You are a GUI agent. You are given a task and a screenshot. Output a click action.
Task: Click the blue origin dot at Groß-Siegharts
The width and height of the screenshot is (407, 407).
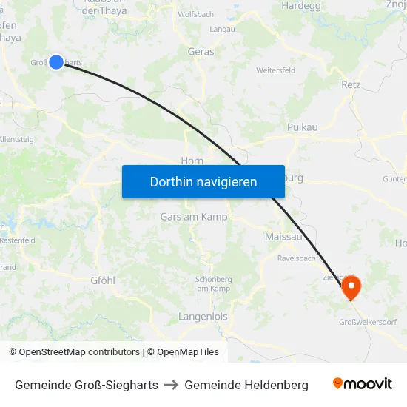pos(56,62)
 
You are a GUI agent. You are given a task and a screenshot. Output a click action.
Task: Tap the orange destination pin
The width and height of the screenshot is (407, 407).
pos(350,287)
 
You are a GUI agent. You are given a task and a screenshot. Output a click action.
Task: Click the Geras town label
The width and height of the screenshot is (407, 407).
pos(201,52)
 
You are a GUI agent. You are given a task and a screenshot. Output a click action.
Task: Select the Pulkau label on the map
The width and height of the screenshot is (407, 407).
pos(302,127)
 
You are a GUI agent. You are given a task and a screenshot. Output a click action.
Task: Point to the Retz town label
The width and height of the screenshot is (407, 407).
pos(351,85)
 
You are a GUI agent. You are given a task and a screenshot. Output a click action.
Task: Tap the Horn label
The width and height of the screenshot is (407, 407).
pos(192,161)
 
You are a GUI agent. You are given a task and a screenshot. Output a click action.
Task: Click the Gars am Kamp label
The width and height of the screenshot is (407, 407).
pos(194,217)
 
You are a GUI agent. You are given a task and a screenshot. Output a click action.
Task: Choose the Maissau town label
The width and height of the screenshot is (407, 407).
pos(283,237)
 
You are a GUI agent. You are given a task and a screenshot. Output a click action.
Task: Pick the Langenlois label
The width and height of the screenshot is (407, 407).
pos(203,317)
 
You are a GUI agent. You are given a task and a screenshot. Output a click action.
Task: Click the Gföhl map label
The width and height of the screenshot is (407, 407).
pos(102,281)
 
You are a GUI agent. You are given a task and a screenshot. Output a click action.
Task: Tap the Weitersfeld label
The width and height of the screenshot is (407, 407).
pos(275,70)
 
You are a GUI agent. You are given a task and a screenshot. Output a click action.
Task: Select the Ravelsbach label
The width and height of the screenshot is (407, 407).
pos(296,258)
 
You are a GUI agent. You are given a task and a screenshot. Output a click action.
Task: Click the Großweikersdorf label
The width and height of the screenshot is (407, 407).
pos(368,322)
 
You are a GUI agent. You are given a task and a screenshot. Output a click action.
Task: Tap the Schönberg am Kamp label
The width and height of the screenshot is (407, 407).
pos(214,283)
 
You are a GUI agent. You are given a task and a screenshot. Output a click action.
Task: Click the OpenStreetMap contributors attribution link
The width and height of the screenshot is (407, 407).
pos(79,352)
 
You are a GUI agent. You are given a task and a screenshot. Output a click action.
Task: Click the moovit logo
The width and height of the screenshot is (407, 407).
pos(362,384)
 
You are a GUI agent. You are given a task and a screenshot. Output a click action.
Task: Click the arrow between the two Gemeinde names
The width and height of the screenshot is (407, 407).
pos(171,385)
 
